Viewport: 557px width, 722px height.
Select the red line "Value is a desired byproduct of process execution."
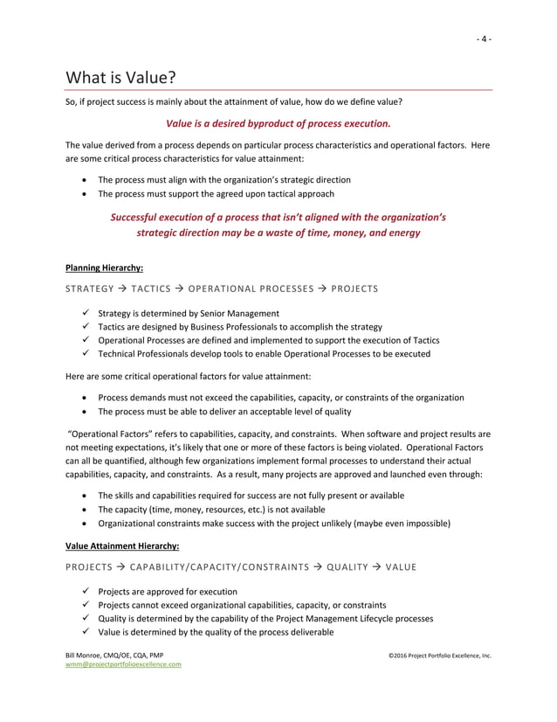tap(278, 123)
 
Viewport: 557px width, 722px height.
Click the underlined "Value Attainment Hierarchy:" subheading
tap(122, 546)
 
